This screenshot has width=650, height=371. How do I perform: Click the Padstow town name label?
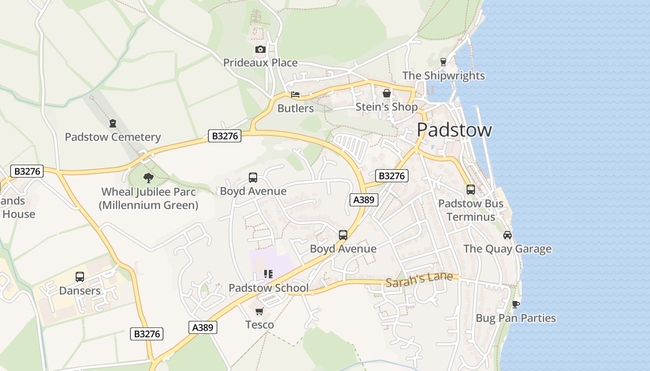(454, 130)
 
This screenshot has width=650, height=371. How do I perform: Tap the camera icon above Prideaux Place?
(260, 50)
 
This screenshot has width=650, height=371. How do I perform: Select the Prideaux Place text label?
(260, 63)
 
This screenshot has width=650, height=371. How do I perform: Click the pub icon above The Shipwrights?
(443, 62)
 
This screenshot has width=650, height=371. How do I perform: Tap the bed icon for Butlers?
(295, 95)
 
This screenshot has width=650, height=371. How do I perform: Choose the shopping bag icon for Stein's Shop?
(386, 93)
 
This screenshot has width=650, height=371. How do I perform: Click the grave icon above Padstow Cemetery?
(112, 123)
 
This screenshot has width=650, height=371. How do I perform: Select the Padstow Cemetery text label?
(112, 137)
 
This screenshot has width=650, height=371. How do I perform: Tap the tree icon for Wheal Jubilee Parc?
(149, 178)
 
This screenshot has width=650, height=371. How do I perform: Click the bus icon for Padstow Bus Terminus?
(470, 190)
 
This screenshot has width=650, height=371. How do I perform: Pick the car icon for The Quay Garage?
(507, 235)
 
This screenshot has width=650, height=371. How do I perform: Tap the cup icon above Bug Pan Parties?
(515, 305)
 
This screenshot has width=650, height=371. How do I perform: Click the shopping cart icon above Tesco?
(260, 311)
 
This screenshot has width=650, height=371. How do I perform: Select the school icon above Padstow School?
(268, 274)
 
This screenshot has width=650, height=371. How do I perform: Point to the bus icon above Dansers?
(80, 277)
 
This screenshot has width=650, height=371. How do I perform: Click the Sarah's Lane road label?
(419, 280)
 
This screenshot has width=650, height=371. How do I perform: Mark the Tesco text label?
(260, 325)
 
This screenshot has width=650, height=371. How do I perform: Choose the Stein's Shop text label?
(386, 107)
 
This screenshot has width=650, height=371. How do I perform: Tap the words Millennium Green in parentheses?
(149, 205)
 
